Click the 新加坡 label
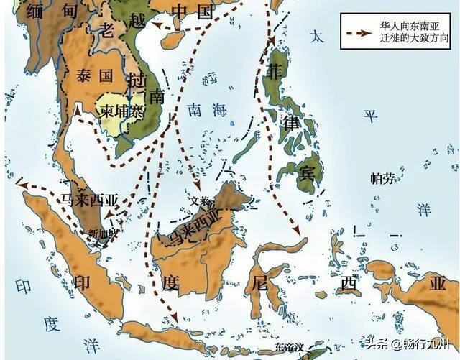point(101,234)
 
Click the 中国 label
point(194,12)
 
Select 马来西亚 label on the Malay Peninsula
point(91,200)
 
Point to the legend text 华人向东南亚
point(407,24)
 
